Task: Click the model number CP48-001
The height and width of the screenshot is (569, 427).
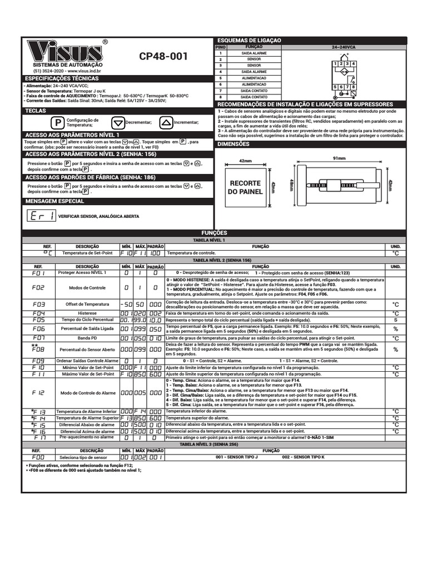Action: pos(163,57)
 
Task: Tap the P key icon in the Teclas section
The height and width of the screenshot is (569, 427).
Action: pos(56,123)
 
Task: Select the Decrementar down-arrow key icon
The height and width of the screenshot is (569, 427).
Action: pos(117,123)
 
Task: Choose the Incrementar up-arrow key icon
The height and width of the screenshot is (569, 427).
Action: pos(166,123)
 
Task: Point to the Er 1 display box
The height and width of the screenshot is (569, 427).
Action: pos(41,216)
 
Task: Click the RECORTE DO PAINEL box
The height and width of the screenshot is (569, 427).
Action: pos(245,187)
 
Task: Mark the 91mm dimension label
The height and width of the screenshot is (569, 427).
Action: pos(339,158)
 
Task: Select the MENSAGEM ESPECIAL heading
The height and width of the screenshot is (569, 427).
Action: pos(55,201)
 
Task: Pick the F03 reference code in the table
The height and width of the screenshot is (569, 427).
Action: pos(39,305)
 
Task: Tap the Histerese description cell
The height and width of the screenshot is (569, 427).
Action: pos(87,313)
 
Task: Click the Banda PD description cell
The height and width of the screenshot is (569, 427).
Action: pos(87,338)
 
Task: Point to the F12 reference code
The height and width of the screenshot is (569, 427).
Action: pos(39,392)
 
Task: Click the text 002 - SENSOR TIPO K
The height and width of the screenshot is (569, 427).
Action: pos(303,457)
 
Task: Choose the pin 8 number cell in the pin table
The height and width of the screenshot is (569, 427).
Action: pos(221,97)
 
